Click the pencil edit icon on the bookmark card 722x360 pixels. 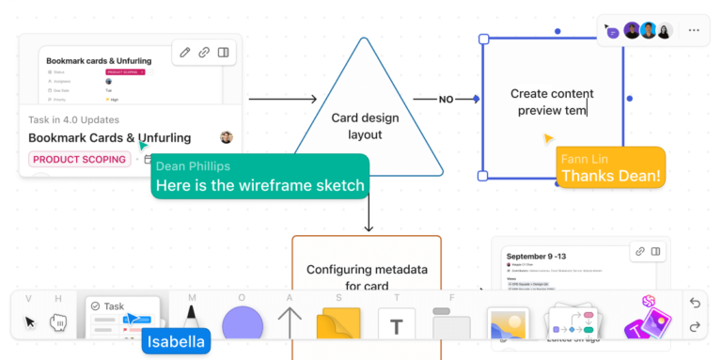185,53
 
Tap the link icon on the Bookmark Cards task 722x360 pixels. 204,53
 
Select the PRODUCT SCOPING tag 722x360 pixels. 80,160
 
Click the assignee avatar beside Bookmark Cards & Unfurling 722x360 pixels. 226,138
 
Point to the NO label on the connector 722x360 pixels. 447,99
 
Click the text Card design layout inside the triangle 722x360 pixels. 365,126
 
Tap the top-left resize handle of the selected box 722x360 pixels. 483,39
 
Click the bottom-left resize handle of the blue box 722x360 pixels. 483,176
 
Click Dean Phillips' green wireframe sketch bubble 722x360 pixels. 259,177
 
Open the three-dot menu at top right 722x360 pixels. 694,30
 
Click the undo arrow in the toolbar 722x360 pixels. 695,303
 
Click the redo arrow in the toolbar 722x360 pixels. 695,326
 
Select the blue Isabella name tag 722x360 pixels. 176,341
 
